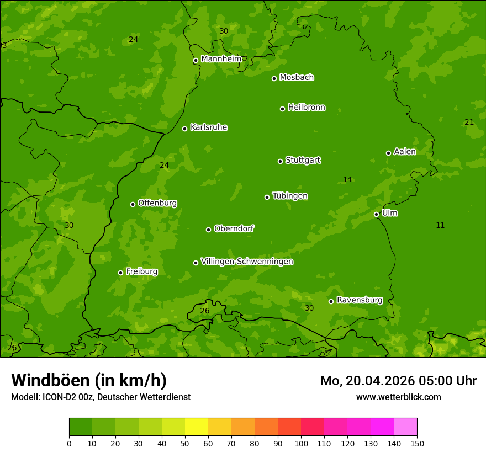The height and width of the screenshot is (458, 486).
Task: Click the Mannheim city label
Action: click(x=221, y=59)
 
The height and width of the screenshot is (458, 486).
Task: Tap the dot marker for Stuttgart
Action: click(x=280, y=161)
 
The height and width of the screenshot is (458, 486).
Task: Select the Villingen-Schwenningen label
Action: click(x=247, y=262)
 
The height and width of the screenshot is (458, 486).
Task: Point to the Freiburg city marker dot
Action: click(x=120, y=273)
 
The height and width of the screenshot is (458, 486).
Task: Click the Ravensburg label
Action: click(x=359, y=300)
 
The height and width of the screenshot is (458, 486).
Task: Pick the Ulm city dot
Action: click(x=376, y=214)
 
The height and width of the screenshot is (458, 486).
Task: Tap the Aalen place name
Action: click(x=404, y=152)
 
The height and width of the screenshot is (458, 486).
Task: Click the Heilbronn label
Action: click(x=306, y=108)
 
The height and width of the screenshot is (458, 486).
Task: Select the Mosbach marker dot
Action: click(x=274, y=78)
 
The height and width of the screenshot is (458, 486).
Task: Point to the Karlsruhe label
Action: click(x=208, y=127)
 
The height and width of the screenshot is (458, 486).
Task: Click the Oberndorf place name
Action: click(x=234, y=228)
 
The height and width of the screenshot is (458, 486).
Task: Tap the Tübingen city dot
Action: click(x=267, y=197)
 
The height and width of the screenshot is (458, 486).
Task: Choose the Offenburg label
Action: click(x=157, y=203)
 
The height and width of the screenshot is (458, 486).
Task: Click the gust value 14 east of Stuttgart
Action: click(x=347, y=179)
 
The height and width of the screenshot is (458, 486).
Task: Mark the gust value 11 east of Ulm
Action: click(x=440, y=225)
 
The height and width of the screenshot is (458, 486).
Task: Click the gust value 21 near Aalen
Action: click(x=469, y=122)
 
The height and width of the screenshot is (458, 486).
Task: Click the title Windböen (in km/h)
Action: click(x=89, y=380)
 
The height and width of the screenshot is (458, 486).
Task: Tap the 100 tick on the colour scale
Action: click(x=301, y=443)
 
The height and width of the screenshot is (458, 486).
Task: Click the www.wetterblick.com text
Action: click(x=398, y=397)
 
